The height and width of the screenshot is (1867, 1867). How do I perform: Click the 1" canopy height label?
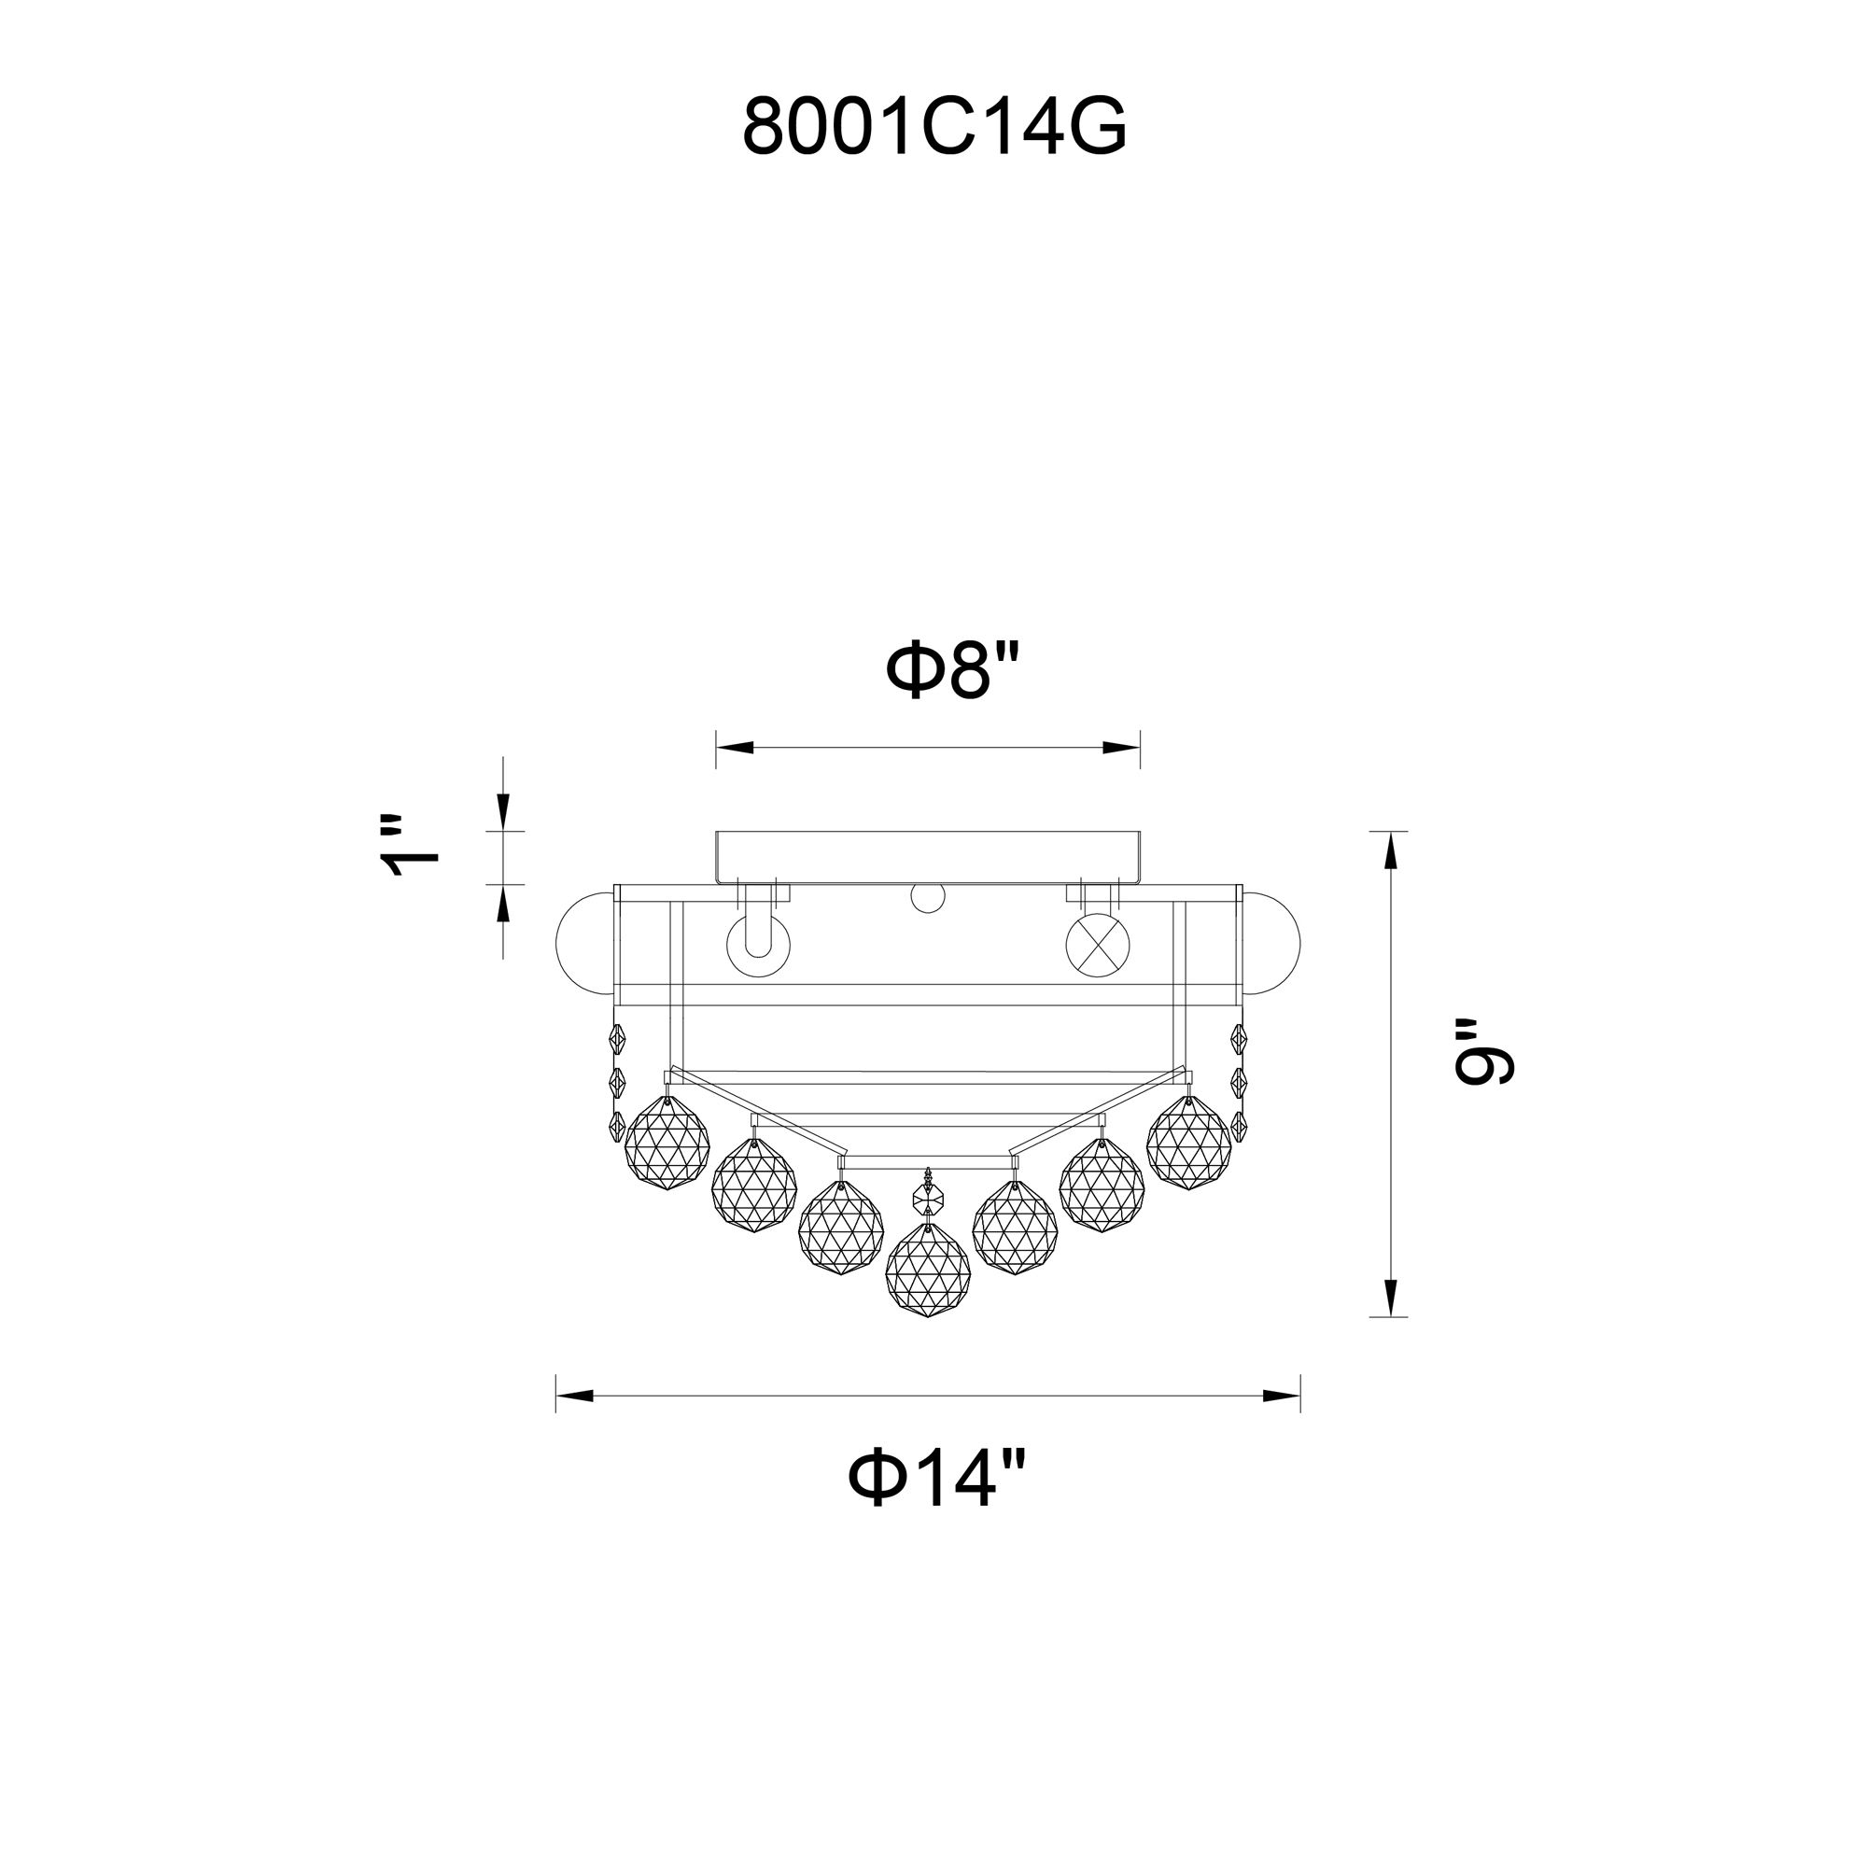(410, 846)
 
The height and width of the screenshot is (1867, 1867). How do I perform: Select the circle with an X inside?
(1097, 942)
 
